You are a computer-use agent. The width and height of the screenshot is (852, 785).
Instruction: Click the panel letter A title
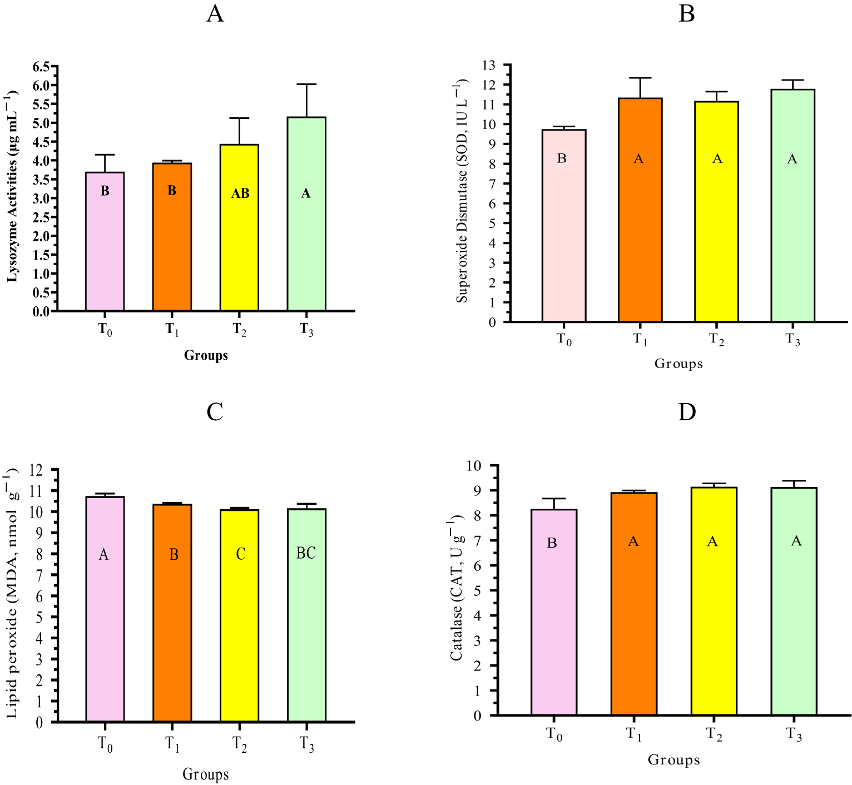pos(215,13)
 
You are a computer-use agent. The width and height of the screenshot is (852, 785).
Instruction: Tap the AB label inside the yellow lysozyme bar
pos(240,193)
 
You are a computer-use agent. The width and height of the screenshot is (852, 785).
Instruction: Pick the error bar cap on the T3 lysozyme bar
pos(306,85)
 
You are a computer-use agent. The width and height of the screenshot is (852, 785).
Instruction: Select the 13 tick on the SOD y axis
pos(489,65)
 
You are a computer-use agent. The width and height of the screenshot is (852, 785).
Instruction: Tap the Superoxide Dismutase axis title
pos(462,192)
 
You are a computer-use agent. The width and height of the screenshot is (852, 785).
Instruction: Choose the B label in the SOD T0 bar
pos(562,159)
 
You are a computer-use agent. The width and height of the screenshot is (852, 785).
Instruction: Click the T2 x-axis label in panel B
pos(717,339)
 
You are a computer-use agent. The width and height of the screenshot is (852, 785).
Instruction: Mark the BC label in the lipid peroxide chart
pos(306,553)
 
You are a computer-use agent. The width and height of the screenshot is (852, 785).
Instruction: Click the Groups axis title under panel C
pos(206,774)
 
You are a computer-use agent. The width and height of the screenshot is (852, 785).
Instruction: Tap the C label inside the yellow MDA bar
pos(240,554)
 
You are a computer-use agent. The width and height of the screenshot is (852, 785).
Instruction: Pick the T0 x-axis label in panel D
pos(554,734)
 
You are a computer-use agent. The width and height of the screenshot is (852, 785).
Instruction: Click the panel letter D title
pos(687,412)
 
